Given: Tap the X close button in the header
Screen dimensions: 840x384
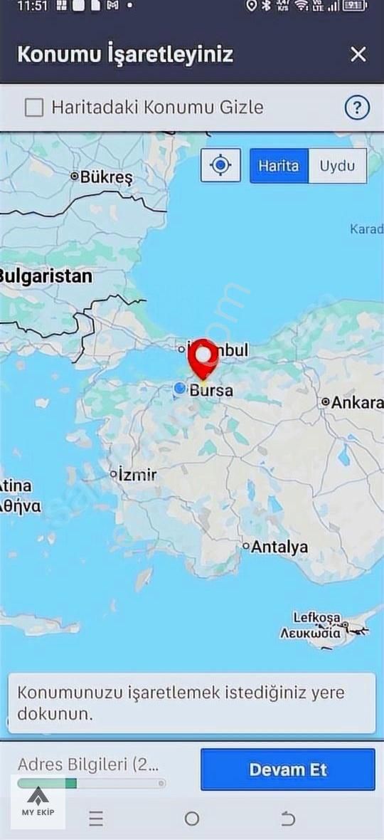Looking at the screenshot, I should point(358,54).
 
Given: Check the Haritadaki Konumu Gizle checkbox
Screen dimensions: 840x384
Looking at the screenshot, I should point(34,107).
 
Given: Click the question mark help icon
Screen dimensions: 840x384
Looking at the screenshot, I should point(357,108).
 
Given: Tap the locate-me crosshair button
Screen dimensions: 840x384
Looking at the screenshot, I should point(221,166).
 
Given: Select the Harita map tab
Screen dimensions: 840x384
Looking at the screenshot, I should point(279,166).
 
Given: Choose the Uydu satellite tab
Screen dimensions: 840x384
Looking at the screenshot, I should point(337,166).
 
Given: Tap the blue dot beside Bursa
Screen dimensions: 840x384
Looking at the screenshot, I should point(180,388).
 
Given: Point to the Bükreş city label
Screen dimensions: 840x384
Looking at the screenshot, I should point(105,177).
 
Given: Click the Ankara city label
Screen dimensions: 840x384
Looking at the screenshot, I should point(356,402).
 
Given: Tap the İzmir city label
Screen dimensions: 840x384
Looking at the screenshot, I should point(137,474).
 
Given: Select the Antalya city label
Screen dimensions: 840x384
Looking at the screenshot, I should point(279,547).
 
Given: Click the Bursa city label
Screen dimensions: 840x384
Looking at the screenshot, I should point(210,391).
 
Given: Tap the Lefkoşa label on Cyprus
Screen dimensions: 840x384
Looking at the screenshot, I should point(317,618).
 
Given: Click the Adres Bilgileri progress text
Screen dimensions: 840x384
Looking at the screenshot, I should point(88,765).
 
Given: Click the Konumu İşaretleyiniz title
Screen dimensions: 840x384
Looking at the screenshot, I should point(125,55).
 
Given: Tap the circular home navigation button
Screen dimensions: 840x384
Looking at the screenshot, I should point(192,819).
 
